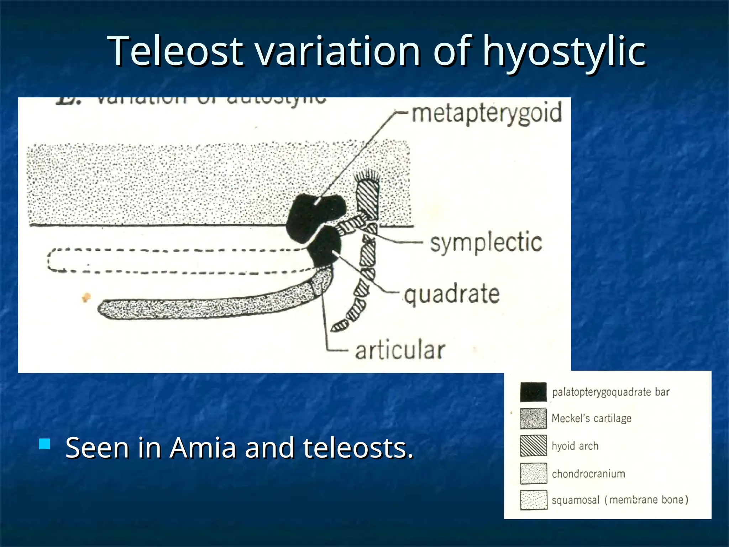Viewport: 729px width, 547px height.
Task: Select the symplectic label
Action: click(x=486, y=243)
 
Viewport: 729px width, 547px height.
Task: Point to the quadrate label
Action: click(x=452, y=295)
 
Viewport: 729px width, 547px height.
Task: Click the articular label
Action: click(x=400, y=350)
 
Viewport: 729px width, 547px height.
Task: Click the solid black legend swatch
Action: click(x=533, y=392)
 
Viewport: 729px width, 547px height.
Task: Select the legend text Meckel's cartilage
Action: click(x=591, y=418)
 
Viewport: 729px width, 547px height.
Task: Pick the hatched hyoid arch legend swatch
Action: click(x=533, y=446)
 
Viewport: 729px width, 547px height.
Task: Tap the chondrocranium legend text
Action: click(x=588, y=474)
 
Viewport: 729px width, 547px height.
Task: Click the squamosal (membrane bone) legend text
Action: click(x=620, y=500)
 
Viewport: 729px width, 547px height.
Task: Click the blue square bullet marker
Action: click(x=45, y=444)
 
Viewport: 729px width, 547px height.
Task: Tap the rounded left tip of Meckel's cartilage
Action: click(x=104, y=308)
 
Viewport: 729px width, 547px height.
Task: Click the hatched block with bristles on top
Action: click(x=368, y=199)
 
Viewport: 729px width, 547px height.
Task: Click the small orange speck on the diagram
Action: click(x=86, y=297)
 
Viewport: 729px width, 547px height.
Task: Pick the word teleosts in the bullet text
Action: click(x=358, y=448)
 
